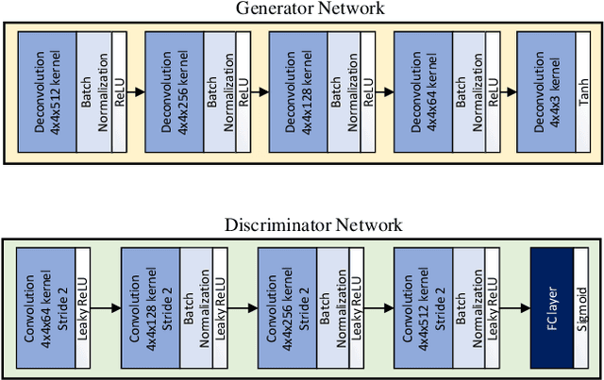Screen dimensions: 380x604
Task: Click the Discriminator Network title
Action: (x=312, y=224)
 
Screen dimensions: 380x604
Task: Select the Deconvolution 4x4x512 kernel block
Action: (x=48, y=91)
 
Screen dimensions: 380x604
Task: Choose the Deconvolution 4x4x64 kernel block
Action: (x=422, y=91)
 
